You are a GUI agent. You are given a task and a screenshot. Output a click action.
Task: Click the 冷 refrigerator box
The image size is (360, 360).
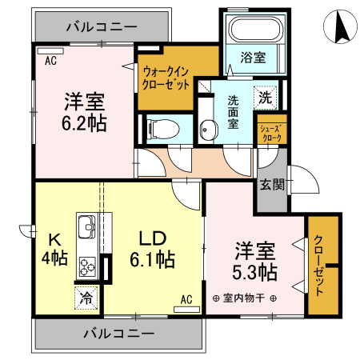point(86,298)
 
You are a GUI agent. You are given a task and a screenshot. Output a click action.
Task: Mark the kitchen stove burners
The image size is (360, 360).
point(86,267)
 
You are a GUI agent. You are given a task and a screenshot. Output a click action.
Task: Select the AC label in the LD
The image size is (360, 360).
point(186,300)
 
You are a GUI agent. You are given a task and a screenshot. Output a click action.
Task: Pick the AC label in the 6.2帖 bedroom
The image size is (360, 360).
point(50,61)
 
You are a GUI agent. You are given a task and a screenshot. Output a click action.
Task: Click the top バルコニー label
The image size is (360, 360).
point(102,26)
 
